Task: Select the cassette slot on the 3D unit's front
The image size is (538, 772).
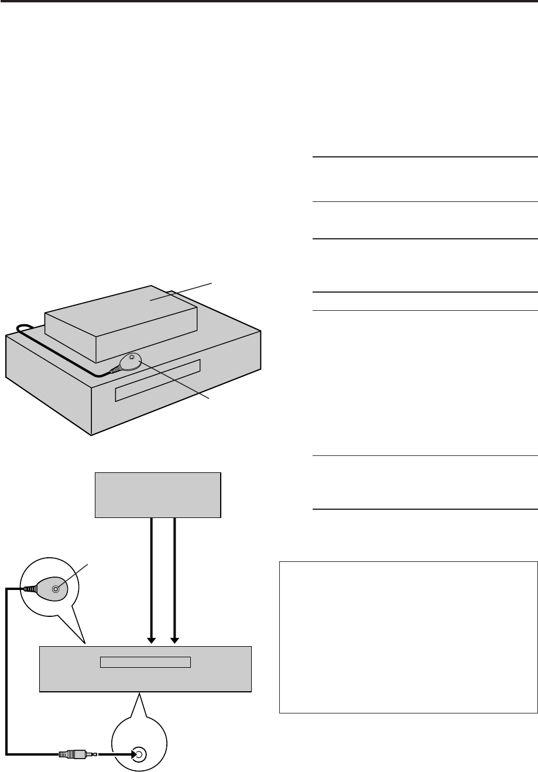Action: tap(157, 380)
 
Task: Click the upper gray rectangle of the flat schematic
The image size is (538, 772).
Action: tap(157, 495)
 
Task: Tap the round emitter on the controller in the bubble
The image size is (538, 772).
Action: tap(55, 589)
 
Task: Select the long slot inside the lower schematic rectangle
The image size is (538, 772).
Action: tap(146, 662)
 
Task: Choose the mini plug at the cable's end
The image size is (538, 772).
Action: tap(74, 753)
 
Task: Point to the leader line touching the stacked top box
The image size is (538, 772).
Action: tap(181, 291)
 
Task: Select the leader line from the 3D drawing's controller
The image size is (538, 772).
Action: tap(176, 380)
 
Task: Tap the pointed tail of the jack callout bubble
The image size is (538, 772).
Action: tap(139, 702)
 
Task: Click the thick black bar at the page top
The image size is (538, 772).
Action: tap(269, 2)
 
